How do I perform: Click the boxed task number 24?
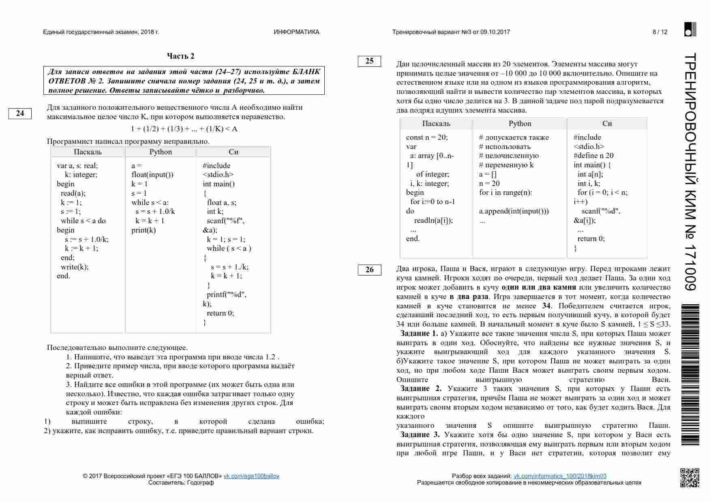pos(20,113)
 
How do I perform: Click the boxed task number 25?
pos(369,61)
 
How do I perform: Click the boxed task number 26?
pos(369,270)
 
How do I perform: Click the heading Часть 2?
pos(181,56)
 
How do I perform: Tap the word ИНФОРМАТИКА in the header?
pos(296,32)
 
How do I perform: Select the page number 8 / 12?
pos(660,32)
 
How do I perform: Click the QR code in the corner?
pos(690,477)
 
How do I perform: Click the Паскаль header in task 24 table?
pos(88,152)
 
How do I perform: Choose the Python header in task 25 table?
pos(520,124)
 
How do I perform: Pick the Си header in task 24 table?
pos(233,152)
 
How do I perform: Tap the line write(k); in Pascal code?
pos(75,267)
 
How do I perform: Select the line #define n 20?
pos(593,156)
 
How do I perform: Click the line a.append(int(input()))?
pos(514,211)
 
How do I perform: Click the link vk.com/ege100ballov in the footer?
pos(251,476)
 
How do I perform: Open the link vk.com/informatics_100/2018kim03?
pos(560,476)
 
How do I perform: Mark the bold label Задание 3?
pos(420,435)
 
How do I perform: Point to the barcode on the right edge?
pos(690,374)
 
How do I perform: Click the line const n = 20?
pos(427,137)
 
